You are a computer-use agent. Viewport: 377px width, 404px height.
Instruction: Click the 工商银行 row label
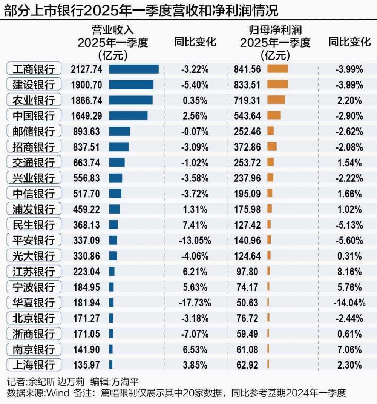(34, 69)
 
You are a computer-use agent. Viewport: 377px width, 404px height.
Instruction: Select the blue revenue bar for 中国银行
(128, 115)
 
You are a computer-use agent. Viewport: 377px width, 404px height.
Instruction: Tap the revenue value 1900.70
(86, 84)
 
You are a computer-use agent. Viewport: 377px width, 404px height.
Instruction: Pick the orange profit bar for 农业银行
(276, 100)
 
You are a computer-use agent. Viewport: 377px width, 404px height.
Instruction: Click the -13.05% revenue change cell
(194, 240)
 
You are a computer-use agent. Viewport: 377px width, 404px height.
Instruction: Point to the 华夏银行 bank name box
(34, 302)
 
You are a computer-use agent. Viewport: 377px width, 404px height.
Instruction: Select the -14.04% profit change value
(349, 302)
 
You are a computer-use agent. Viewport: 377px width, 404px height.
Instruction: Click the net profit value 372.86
(247, 147)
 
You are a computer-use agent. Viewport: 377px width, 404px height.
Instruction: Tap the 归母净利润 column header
(275, 30)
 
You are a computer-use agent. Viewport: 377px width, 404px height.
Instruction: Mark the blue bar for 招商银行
(119, 147)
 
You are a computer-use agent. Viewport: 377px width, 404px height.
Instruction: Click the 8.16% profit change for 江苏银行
(349, 271)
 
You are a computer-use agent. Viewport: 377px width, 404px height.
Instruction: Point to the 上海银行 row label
(34, 365)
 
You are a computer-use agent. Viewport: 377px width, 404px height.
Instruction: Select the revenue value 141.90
(86, 349)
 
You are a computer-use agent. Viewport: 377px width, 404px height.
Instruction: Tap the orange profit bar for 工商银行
(277, 69)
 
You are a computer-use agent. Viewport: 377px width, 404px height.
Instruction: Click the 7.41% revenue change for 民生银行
(194, 225)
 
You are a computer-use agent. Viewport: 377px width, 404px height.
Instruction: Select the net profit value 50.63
(247, 302)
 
